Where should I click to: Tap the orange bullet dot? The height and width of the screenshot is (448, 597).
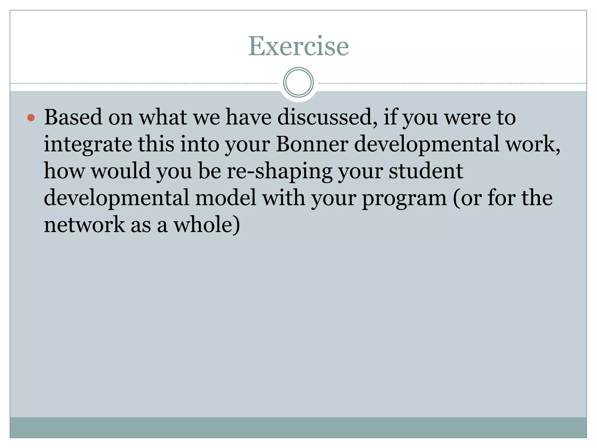(31, 118)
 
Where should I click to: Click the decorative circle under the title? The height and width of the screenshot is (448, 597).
(298, 83)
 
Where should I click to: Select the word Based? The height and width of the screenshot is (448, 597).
(73, 117)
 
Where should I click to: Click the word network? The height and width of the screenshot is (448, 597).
(84, 225)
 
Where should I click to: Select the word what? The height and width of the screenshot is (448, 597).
(163, 117)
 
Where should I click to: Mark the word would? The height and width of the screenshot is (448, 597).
(121, 171)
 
